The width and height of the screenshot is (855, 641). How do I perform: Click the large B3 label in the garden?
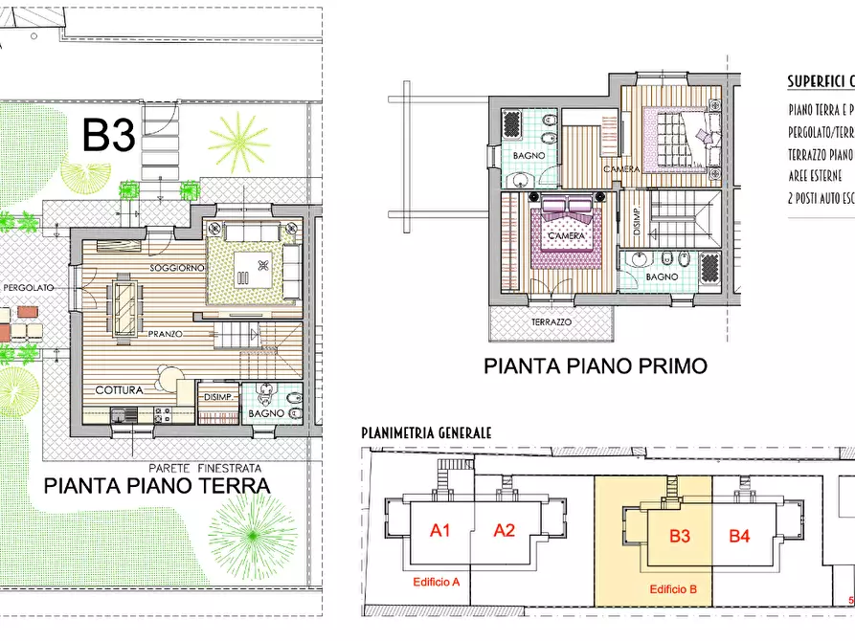[107, 135]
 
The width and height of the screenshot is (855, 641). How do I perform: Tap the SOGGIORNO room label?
[175, 267]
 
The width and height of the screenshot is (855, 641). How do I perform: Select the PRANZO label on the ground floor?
[166, 334]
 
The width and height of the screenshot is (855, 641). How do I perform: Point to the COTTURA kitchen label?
[119, 390]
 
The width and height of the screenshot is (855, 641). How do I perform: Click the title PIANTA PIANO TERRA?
[157, 486]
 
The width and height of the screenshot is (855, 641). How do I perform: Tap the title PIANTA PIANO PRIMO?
[595, 365]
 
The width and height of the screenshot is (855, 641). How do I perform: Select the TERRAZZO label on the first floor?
[551, 323]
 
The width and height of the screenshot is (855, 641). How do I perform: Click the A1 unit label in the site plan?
[440, 530]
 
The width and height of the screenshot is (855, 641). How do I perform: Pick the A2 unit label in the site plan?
[504, 530]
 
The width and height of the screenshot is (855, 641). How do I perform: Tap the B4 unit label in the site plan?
[739, 536]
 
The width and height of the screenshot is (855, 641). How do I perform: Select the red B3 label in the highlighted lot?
[680, 536]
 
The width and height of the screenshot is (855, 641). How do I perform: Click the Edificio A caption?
[437, 582]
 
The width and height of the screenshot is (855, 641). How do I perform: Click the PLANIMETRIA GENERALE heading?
[426, 432]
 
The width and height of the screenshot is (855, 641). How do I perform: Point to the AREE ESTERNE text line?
[815, 176]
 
